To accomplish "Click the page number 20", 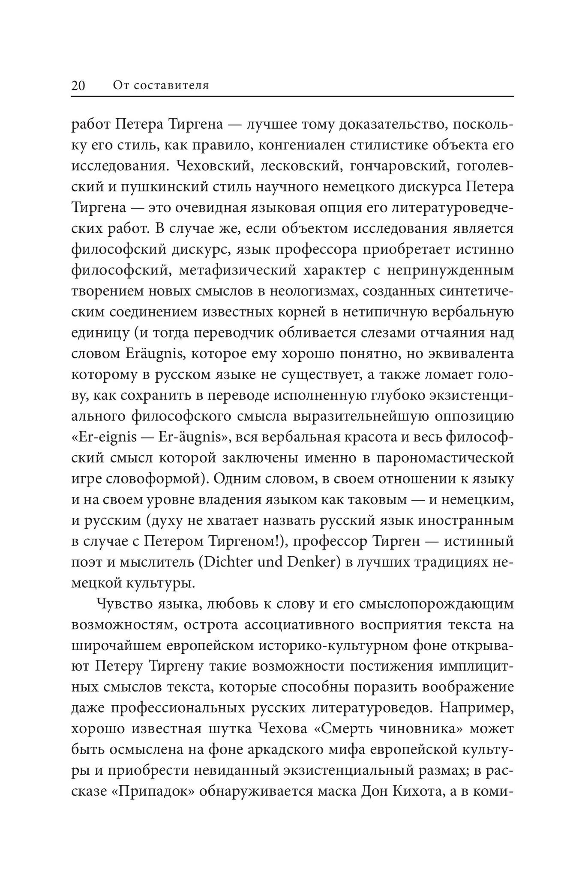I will point(78,86).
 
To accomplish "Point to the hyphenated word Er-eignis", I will point(108,437).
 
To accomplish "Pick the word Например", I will point(476,708).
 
